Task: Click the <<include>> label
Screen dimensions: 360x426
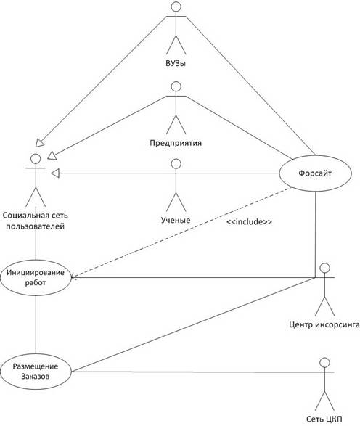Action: (249, 222)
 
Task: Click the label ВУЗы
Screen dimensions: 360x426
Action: (176, 64)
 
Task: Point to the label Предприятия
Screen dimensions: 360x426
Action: (176, 143)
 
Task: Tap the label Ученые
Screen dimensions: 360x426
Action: (176, 220)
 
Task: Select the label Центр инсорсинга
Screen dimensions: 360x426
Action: (324, 324)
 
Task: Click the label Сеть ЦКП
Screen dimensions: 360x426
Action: (324, 419)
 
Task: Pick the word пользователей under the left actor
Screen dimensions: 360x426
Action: (36, 226)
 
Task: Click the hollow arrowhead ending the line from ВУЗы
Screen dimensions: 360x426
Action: (39, 143)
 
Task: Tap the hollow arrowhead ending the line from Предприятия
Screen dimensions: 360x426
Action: (52, 156)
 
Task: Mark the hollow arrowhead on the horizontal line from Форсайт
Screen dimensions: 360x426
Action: (55, 173)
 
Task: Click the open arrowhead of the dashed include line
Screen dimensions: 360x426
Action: (73, 277)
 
